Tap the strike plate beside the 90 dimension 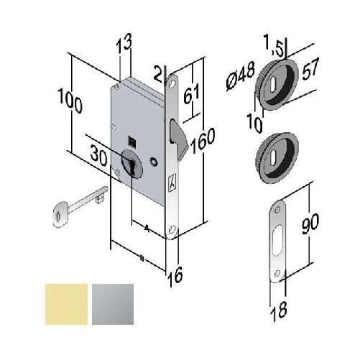click(x=279, y=241)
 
